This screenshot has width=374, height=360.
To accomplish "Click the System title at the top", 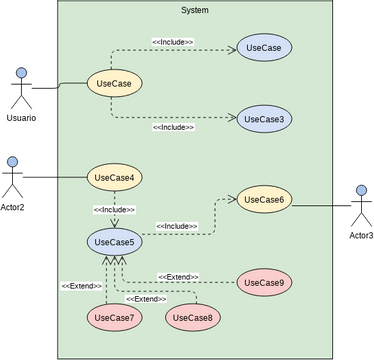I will [195, 10].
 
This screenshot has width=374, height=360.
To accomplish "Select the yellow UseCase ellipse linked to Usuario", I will [113, 83].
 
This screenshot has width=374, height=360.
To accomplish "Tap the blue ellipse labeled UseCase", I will [264, 47].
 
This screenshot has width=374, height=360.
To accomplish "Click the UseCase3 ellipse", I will [264, 120].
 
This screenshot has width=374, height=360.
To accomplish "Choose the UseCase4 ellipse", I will [114, 178].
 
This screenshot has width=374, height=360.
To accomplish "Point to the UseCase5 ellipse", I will [113, 241].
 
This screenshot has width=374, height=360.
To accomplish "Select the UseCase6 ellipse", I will [264, 200].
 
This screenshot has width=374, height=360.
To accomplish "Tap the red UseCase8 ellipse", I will [193, 318].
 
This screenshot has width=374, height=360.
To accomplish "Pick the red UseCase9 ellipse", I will [264, 283].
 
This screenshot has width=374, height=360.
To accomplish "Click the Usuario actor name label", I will [21, 118].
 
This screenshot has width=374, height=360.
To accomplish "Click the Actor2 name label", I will [12, 207].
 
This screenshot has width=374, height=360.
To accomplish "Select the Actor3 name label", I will [361, 235].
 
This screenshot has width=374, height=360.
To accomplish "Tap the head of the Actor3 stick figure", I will [361, 190].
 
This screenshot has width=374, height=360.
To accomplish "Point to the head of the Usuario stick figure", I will [21, 73].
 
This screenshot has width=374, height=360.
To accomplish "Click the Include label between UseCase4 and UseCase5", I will [114, 209].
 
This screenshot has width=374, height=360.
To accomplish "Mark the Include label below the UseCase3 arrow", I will [173, 128].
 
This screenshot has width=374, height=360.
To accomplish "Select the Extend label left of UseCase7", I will [81, 286].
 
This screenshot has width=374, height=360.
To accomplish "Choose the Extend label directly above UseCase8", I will [146, 298].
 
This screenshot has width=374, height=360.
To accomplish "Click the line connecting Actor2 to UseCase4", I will [55, 178].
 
